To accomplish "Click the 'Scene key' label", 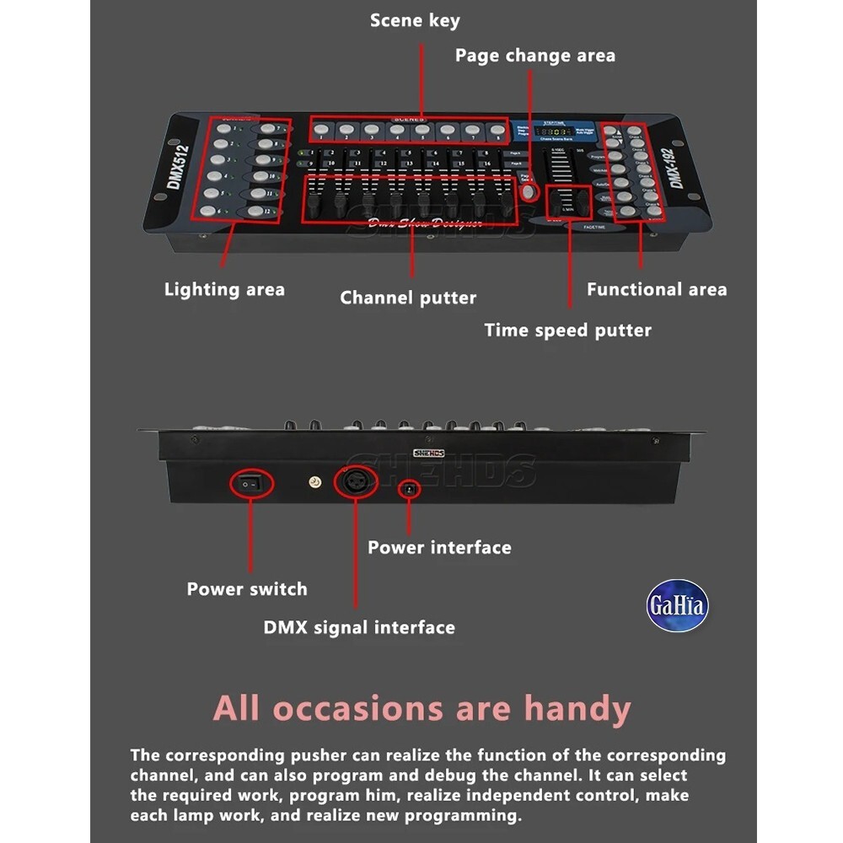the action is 415,20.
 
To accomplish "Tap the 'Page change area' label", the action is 535,56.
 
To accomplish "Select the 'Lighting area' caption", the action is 224,290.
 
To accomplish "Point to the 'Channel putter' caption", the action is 408,298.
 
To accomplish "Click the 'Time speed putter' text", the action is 567,330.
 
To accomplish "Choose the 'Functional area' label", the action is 657,290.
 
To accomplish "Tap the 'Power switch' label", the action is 247,589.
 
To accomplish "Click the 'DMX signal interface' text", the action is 359,627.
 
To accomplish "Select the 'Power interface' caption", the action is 439,548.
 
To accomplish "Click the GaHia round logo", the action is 678,605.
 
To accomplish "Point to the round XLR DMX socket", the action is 355,483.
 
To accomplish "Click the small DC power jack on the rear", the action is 410,488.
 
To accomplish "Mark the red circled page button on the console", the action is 529,192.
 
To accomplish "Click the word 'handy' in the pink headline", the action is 577,708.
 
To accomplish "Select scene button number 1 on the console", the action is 322,130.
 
